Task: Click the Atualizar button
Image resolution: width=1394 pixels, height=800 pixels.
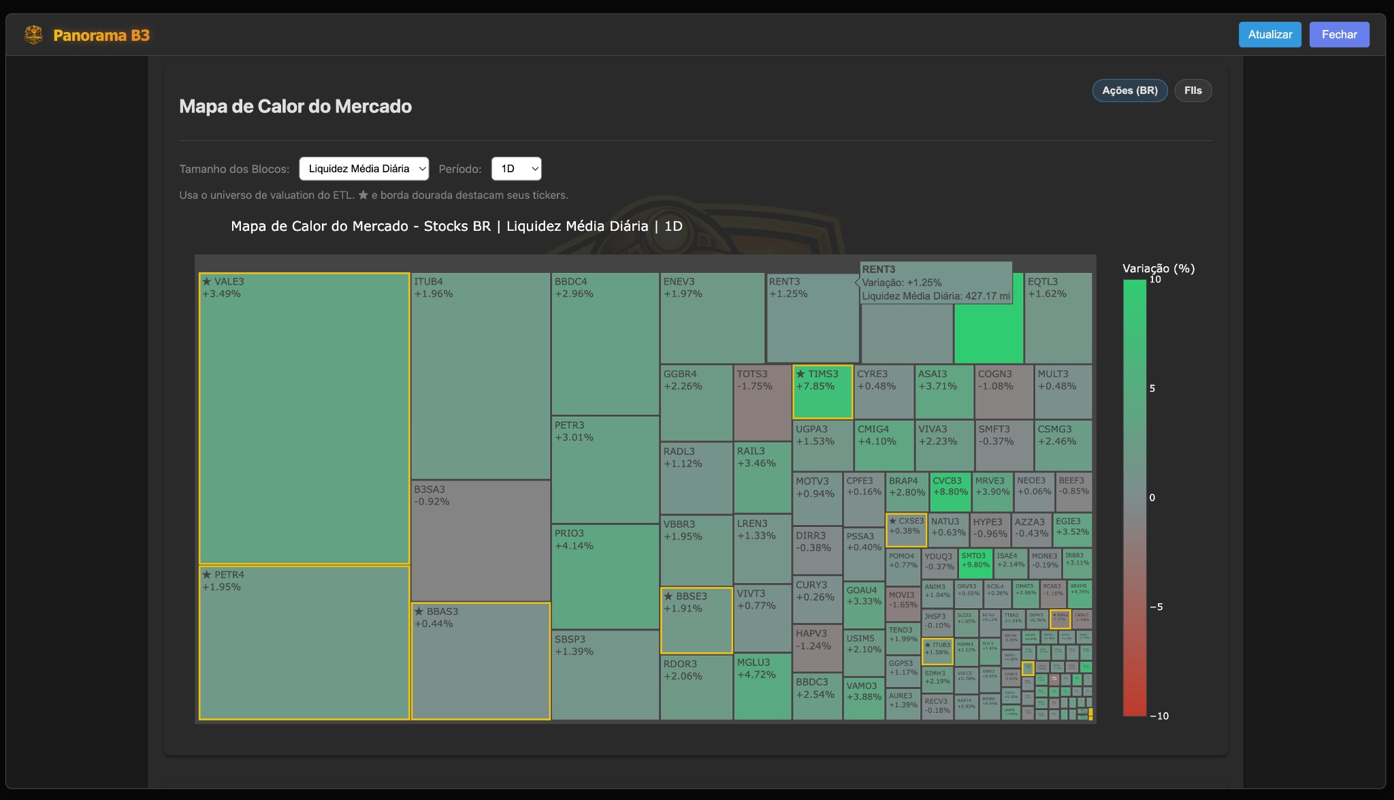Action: tap(1269, 35)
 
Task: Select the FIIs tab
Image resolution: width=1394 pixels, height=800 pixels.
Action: tap(1193, 91)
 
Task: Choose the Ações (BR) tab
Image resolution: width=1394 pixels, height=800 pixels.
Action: tap(1129, 91)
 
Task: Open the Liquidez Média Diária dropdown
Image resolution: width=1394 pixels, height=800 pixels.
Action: tap(363, 169)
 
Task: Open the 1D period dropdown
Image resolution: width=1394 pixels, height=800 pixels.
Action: tap(516, 169)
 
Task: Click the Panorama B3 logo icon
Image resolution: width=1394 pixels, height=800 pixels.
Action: tap(33, 35)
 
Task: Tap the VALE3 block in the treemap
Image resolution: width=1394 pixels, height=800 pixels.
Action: tap(304, 418)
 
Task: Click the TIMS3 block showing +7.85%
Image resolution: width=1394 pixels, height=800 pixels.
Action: tap(822, 392)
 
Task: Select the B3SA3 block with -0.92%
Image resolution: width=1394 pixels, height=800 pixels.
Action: tap(480, 540)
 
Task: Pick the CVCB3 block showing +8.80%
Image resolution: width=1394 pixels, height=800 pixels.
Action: tap(950, 492)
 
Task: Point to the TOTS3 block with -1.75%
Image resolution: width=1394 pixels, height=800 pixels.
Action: tap(762, 403)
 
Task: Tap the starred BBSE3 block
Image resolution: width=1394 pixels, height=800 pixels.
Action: tap(696, 620)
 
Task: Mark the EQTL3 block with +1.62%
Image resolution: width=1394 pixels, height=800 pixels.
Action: tap(1058, 318)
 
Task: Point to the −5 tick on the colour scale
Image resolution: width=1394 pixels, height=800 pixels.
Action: tap(1156, 607)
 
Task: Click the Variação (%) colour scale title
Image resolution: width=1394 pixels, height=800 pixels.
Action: tap(1158, 268)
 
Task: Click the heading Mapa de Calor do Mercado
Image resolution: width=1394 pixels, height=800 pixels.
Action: tap(295, 106)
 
